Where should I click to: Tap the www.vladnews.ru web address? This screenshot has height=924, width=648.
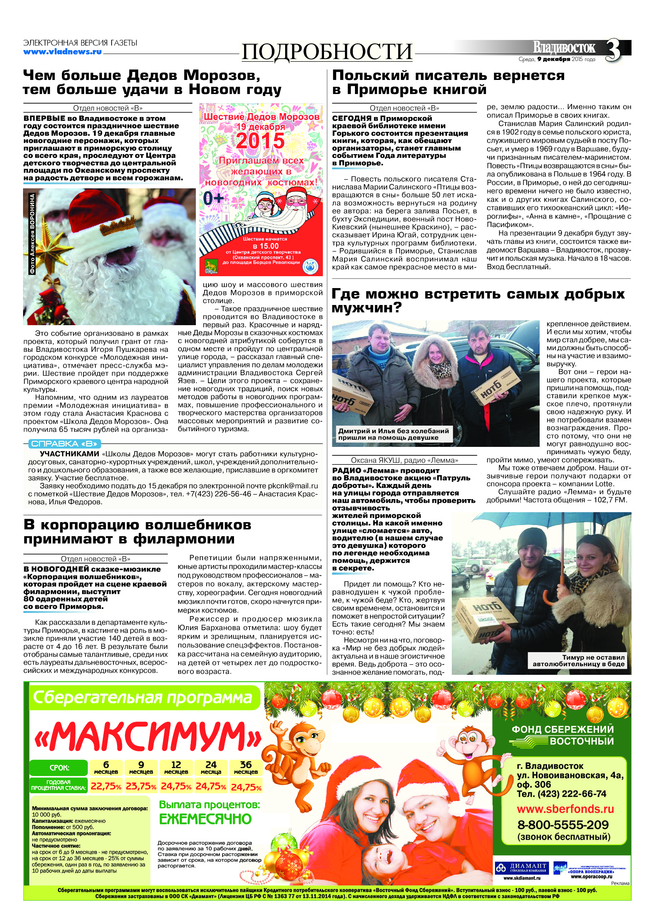click(x=62, y=51)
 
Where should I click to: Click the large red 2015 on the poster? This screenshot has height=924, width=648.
click(x=260, y=141)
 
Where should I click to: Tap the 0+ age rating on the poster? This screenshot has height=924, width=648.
click(x=213, y=198)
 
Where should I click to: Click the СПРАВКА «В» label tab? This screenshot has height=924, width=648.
click(x=64, y=444)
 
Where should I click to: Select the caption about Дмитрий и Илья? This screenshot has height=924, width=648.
click(x=393, y=434)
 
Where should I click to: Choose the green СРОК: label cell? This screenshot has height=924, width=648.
click(x=59, y=767)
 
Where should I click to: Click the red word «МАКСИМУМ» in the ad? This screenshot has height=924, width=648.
click(x=148, y=737)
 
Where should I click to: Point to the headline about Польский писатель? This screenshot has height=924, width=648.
click(x=448, y=82)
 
